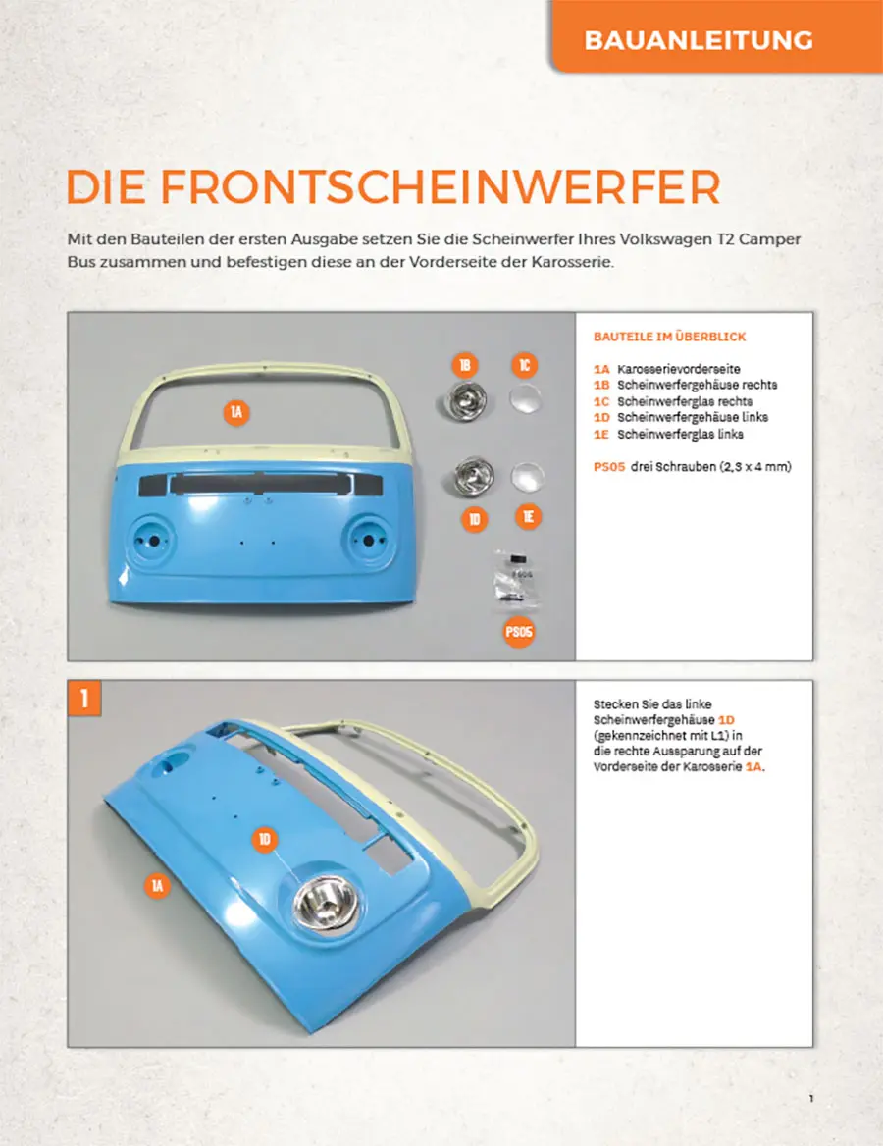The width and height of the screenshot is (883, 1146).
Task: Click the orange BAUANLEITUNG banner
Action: (698, 40)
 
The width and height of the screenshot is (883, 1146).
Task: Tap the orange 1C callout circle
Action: (525, 366)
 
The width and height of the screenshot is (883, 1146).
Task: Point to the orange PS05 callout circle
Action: (519, 633)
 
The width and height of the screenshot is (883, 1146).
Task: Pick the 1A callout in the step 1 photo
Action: (157, 887)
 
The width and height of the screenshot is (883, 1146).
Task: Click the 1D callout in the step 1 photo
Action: (265, 840)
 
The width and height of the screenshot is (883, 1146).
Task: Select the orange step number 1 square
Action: (84, 698)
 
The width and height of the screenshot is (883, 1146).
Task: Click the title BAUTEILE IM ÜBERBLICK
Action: (669, 337)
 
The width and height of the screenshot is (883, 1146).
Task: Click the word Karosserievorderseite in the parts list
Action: (679, 369)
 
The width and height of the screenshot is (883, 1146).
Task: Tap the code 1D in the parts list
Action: (602, 417)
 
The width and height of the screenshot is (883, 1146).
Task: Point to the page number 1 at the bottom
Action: (811, 1098)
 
